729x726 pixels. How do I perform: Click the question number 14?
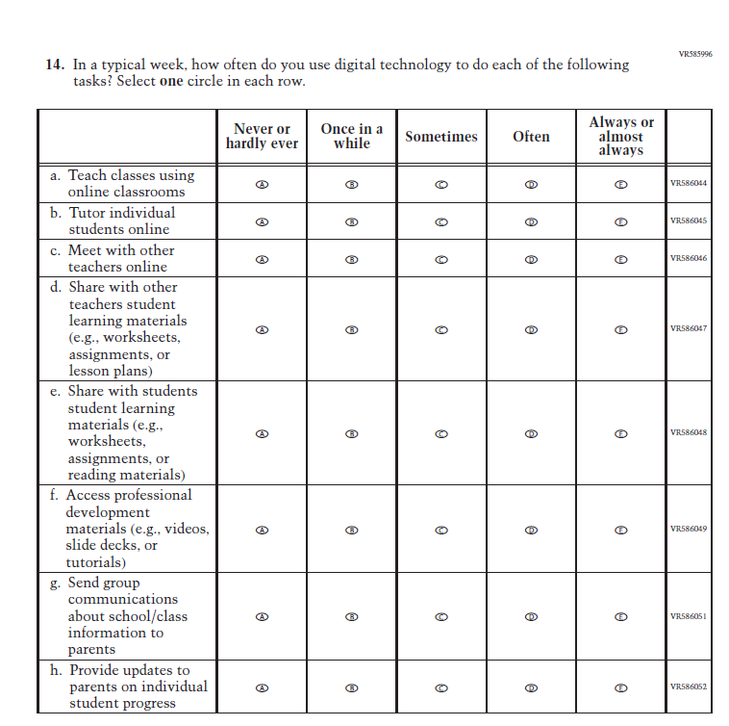tap(55, 65)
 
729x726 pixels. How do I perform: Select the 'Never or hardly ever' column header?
tap(262, 136)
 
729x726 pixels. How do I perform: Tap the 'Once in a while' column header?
tap(351, 136)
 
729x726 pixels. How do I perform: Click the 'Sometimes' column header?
tap(440, 137)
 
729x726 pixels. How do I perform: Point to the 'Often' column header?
tap(531, 137)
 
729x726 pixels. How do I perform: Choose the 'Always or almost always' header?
tap(620, 136)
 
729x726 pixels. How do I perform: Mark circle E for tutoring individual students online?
tap(620, 221)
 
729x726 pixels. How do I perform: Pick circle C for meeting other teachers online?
tap(441, 259)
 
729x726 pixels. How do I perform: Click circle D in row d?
tap(531, 329)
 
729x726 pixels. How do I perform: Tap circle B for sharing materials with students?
tap(352, 433)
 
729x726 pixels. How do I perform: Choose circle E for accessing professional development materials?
tap(620, 530)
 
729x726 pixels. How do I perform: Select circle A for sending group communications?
tap(262, 616)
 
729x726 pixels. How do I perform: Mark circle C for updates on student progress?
tap(441, 687)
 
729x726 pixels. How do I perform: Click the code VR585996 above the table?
tap(694, 55)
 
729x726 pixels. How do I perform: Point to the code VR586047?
tap(689, 328)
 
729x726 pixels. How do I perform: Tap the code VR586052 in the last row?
tap(689, 687)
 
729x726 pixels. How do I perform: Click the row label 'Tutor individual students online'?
tap(121, 221)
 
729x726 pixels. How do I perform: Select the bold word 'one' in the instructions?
tap(171, 82)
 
